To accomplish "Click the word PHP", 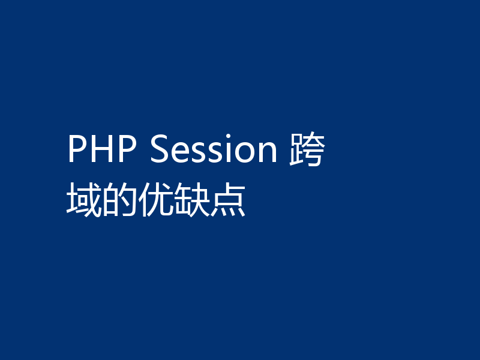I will coord(103,150).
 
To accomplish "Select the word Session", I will coord(213,150).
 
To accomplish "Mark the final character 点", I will coord(228,200).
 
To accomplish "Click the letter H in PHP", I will coord(103,150).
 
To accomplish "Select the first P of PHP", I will coord(77,150).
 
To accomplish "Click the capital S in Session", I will coord(160,150).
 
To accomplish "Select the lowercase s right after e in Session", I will coord(197,154).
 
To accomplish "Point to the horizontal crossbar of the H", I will coord(103,149).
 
